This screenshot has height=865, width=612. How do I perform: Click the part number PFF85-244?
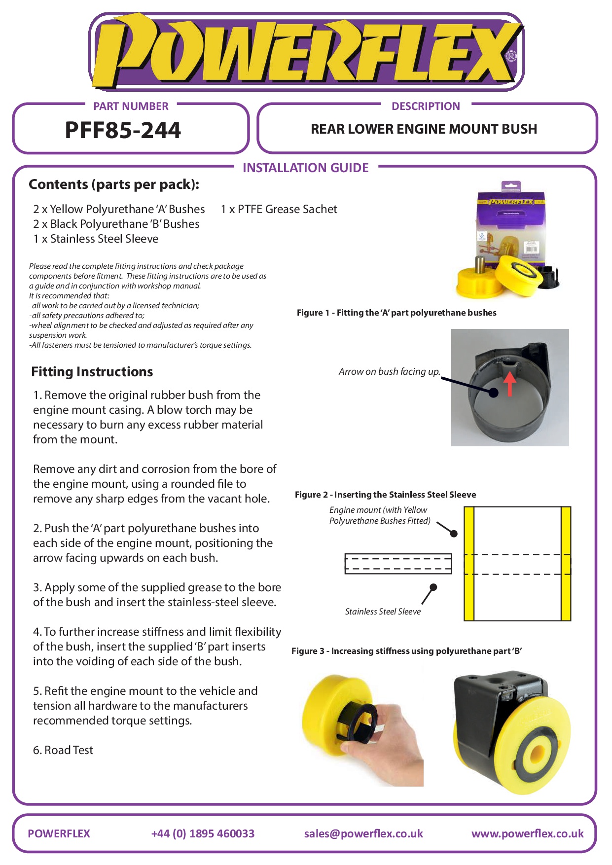(x=123, y=130)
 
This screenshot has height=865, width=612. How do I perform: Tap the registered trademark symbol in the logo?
(x=511, y=56)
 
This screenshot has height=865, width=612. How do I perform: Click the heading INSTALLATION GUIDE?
(x=305, y=168)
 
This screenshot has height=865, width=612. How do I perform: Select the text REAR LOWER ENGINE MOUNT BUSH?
(x=424, y=129)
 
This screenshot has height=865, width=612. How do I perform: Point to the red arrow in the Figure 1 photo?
(x=509, y=383)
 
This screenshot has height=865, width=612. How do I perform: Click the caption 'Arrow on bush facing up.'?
(x=389, y=371)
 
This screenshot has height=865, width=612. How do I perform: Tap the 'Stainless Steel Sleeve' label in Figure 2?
(x=383, y=612)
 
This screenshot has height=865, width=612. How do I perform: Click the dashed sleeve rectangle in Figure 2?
(x=398, y=564)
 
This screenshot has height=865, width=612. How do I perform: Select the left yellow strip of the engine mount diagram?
(x=469, y=563)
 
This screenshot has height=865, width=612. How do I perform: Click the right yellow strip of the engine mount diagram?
(x=566, y=563)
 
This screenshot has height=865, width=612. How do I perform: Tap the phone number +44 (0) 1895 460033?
(x=203, y=833)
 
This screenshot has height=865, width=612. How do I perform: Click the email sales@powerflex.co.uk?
(x=363, y=833)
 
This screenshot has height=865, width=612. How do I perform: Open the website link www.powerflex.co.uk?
(x=527, y=833)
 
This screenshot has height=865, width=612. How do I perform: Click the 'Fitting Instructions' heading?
(x=92, y=371)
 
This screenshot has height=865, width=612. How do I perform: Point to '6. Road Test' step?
(x=63, y=750)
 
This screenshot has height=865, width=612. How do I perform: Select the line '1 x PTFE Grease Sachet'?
(x=279, y=209)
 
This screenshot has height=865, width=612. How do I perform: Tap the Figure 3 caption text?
(x=406, y=651)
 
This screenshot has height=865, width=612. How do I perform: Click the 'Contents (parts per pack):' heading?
(x=114, y=184)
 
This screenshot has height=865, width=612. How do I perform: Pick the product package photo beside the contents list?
(x=508, y=242)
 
